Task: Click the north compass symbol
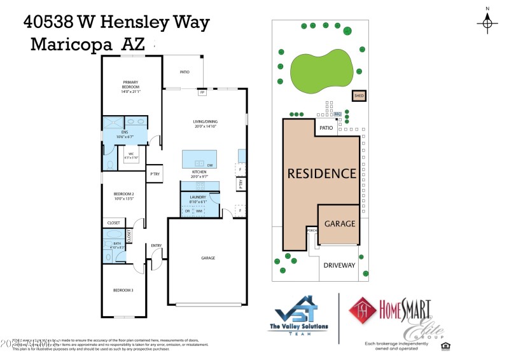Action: click(x=487, y=23)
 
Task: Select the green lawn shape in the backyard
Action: click(x=321, y=69)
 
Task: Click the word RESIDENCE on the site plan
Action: click(x=321, y=173)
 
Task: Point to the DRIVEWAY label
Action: click(x=339, y=265)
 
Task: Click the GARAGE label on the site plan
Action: click(x=340, y=224)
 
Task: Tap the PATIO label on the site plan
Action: click(x=326, y=128)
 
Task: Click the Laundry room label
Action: click(x=199, y=198)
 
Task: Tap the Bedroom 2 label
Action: click(x=123, y=197)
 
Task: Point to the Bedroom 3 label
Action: click(x=123, y=290)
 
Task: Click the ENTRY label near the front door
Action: click(x=156, y=246)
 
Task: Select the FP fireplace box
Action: click(x=202, y=93)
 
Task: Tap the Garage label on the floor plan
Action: click(x=208, y=258)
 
